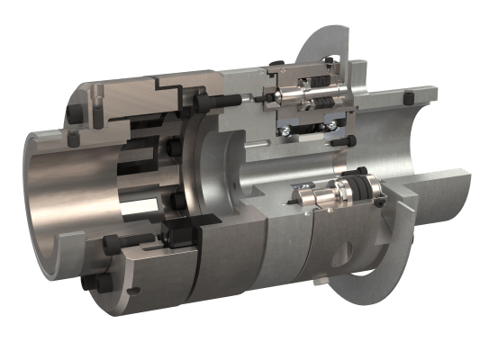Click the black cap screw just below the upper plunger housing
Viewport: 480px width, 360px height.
[x=340, y=141]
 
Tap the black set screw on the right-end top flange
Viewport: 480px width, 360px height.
[x=408, y=97]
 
